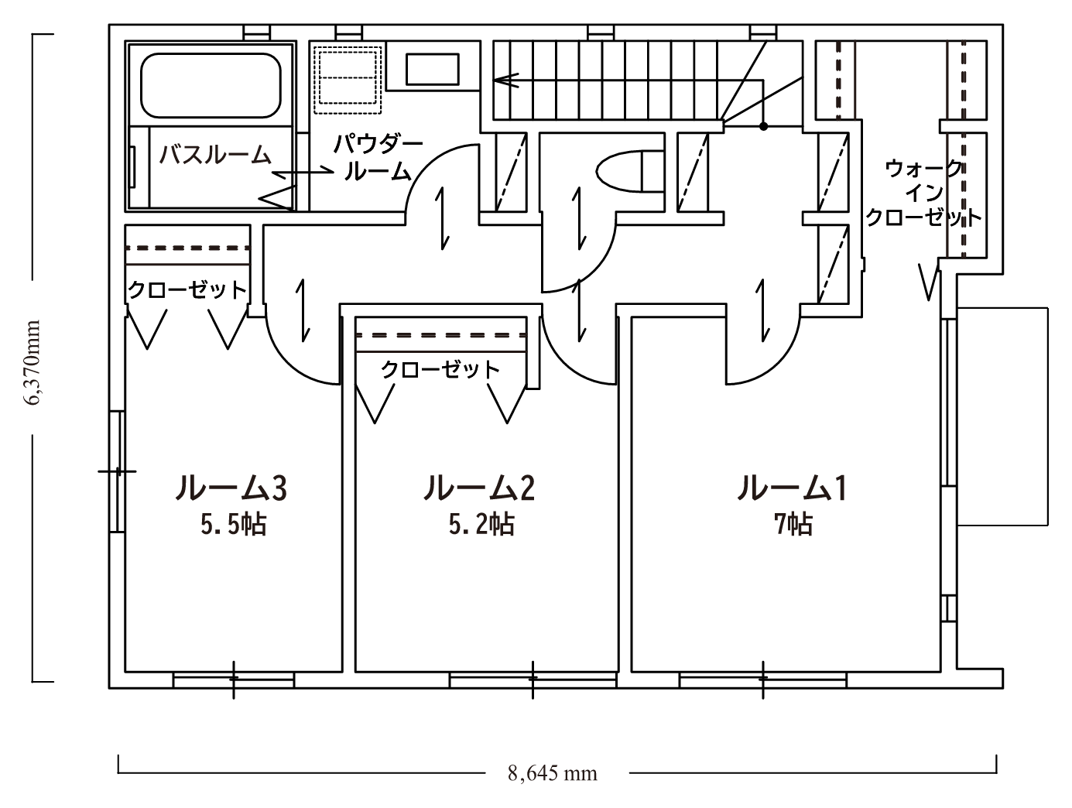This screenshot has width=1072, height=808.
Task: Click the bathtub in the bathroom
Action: (x=211, y=85)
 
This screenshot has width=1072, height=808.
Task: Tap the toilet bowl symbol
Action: (x=629, y=171)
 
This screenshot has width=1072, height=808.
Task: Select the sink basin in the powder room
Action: (x=432, y=70)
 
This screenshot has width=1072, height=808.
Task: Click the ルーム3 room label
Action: (x=231, y=488)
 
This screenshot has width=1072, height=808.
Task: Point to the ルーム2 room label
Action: (x=479, y=488)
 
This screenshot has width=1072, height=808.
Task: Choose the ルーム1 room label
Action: (x=791, y=488)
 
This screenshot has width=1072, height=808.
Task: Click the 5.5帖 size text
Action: (x=234, y=525)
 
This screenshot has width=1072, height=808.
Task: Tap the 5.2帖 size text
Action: (x=481, y=525)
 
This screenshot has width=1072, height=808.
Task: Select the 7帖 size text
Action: (x=793, y=525)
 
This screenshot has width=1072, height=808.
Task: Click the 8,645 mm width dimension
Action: (x=553, y=774)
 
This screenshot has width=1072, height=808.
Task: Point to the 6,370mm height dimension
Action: (x=33, y=363)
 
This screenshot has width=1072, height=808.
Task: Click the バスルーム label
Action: (x=215, y=155)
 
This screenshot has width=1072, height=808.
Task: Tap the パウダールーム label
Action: (x=378, y=158)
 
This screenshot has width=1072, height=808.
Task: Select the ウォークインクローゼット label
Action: (x=923, y=193)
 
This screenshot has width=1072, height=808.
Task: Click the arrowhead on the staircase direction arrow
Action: (x=505, y=80)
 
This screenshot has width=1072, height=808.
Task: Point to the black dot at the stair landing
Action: (x=763, y=126)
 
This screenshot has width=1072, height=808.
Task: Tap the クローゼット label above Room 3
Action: (x=187, y=290)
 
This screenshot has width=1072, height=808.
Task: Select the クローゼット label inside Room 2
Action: (x=440, y=370)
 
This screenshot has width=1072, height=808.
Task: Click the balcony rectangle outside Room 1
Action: (x=1002, y=416)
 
